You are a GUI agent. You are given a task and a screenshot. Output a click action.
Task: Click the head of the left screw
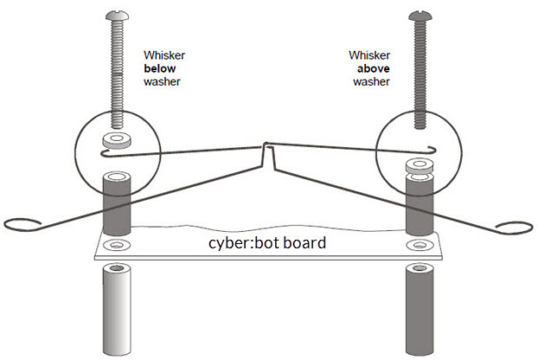(117, 15)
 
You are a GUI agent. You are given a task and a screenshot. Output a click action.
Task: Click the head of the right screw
(420, 16)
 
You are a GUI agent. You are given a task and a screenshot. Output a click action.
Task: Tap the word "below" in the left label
(159, 68)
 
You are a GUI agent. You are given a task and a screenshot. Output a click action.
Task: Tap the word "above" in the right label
(374, 68)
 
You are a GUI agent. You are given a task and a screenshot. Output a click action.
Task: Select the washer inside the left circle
(117, 140)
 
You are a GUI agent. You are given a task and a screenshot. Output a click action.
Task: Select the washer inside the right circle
(419, 165)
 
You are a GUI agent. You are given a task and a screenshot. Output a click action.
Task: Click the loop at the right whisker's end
(515, 228)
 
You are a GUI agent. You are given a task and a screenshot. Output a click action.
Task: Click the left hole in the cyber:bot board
(117, 245)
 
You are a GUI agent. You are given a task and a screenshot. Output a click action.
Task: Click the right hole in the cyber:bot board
(420, 245)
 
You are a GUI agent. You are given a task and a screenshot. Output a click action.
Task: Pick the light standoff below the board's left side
(117, 310)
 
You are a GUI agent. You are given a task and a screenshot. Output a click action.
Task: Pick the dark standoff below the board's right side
(420, 310)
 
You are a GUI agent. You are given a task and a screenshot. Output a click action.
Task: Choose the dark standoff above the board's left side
(117, 204)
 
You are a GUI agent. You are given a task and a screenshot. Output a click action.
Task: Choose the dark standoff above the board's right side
(420, 204)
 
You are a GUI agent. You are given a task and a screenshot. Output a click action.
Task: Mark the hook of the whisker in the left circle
(103, 154)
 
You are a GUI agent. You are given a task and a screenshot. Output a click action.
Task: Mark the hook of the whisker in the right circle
(433, 149)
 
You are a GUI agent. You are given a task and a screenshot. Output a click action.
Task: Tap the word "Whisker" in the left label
(164, 55)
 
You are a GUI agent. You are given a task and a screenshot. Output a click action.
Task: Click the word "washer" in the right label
(372, 81)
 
